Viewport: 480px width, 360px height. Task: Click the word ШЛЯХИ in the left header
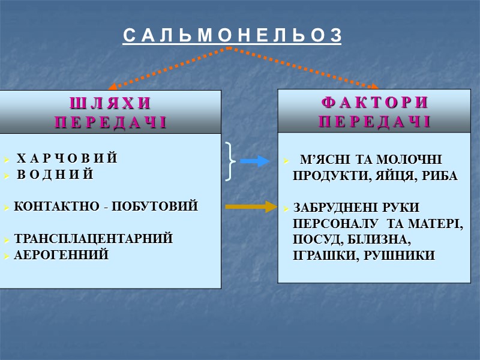(110, 103)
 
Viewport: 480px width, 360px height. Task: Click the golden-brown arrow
(249, 208)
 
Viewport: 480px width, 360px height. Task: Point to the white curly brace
(230, 161)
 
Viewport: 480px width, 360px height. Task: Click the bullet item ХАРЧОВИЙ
(66, 159)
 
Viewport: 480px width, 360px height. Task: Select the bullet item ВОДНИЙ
(55, 175)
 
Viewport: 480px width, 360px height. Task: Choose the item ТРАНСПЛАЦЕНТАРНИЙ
(93, 239)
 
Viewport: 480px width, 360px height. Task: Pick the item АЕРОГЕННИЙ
(61, 255)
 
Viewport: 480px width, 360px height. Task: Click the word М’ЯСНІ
(322, 160)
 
